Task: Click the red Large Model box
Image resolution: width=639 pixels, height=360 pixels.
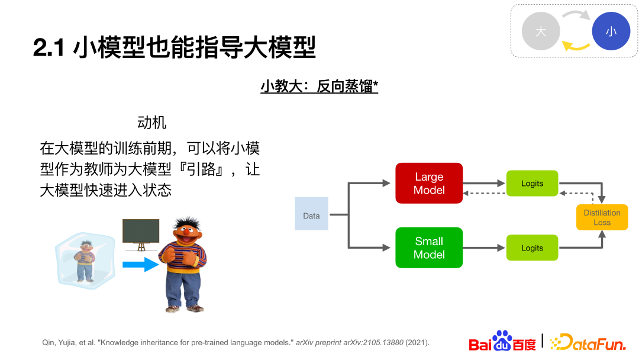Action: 429,183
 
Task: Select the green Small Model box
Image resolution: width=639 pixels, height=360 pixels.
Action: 429,247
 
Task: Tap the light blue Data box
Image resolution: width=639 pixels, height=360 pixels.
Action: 311,214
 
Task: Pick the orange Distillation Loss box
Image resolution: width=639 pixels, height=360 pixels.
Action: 602,217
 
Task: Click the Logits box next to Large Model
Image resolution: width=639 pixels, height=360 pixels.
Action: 532,184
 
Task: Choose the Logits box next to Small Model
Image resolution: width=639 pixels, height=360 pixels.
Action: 532,247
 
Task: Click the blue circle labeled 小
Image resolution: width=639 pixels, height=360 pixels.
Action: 611,31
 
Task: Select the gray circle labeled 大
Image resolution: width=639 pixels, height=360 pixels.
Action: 541,31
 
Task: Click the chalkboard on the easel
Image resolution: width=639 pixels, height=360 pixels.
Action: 141,231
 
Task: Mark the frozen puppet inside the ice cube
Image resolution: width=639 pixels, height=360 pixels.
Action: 85,261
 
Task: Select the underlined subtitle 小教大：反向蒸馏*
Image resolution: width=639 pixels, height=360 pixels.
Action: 319,86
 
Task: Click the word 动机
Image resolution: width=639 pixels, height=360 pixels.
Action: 152,123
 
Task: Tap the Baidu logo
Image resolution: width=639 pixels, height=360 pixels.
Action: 502,341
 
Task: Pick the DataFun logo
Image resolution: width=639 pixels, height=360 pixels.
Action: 588,342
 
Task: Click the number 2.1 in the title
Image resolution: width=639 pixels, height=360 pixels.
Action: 49,47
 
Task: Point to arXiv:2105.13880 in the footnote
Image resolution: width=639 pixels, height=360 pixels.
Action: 373,342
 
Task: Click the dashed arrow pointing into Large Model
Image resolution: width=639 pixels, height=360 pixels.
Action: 485,193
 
